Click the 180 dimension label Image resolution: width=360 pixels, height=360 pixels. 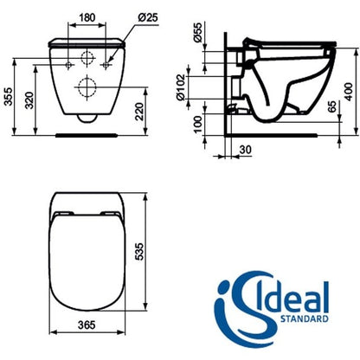point(87,17)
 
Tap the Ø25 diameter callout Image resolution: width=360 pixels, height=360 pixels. point(148,17)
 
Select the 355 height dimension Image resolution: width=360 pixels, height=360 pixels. point(10,96)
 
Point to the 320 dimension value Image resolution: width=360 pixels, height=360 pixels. point(29,100)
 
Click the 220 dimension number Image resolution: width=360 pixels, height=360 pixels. point(139,112)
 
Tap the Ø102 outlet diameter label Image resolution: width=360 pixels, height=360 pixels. point(181,87)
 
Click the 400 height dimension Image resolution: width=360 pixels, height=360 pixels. point(349,92)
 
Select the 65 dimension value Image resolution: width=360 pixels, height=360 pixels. point(332,106)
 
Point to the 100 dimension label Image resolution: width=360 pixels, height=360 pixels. point(197,124)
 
